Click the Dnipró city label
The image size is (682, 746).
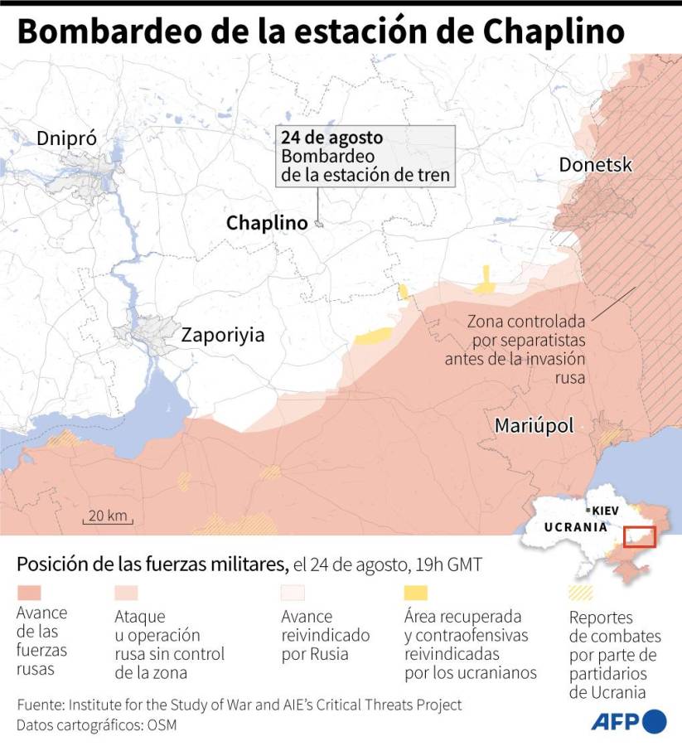pos(66,138)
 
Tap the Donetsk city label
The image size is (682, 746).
pos(595,164)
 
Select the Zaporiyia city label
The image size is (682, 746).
pos(223,335)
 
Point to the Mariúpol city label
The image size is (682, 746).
pos(534,425)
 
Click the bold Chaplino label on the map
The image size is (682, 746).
pos(267,223)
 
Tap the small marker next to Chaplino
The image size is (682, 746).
pos(318,223)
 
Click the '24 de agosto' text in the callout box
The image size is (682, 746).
pos(331,138)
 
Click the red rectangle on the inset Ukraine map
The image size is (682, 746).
pos(638,536)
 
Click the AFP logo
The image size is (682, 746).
pos(629,721)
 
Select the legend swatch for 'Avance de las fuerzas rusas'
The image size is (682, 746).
pos(29,593)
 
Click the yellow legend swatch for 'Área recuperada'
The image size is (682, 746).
pos(416,593)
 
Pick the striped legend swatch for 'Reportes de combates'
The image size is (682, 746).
pos(580,593)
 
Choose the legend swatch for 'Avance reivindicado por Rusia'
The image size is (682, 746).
pos(293,593)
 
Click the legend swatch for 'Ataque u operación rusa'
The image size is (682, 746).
pos(126,593)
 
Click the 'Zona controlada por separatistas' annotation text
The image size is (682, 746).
pos(525,348)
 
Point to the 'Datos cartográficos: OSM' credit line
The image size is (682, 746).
pos(97,725)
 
